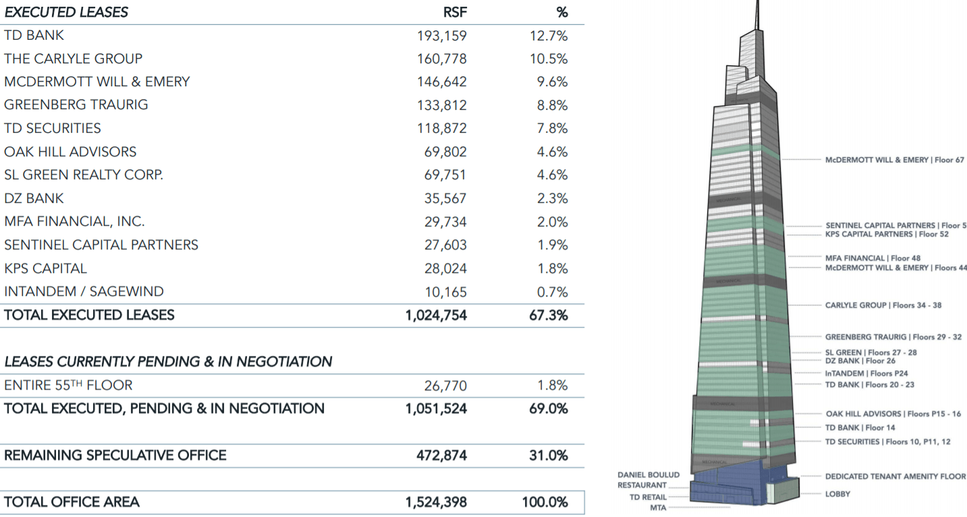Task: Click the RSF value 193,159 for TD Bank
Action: point(441,36)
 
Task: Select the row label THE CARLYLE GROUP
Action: point(73,59)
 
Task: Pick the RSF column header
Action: point(454,12)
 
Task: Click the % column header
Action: point(561,12)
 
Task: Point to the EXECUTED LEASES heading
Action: point(65,12)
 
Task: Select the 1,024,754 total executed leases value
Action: point(436,315)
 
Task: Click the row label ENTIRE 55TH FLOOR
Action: point(68,386)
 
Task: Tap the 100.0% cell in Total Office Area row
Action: point(545,502)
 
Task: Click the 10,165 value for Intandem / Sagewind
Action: point(445,292)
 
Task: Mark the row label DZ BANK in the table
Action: point(34,199)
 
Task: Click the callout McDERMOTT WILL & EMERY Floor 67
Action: point(895,160)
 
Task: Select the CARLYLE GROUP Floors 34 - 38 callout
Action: point(883,305)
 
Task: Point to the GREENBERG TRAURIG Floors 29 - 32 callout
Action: point(893,336)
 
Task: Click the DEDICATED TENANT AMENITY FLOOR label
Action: point(895,477)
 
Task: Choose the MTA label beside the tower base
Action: point(658,508)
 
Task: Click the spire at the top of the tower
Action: point(757,13)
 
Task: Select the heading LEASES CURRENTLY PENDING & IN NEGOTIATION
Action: point(168,362)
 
